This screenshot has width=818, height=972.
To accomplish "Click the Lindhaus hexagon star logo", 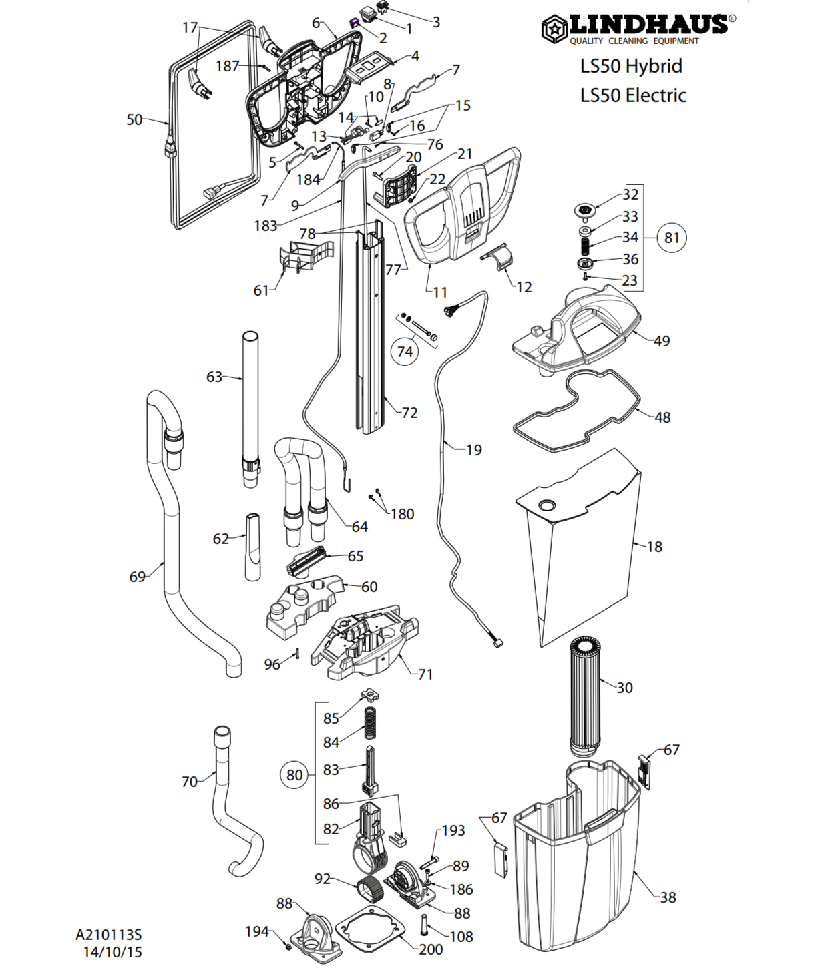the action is (x=554, y=29).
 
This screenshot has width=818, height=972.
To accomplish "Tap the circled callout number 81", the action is (x=672, y=238).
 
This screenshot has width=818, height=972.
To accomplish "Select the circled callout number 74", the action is (x=405, y=351).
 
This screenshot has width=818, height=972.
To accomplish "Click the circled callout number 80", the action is (x=294, y=775).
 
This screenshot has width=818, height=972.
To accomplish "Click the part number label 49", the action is (x=662, y=341).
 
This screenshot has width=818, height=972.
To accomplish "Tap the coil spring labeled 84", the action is (x=370, y=722).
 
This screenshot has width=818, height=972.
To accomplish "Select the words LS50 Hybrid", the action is (x=631, y=66).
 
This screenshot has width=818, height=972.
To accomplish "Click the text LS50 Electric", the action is (x=633, y=95).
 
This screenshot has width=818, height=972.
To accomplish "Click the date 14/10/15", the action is (x=112, y=952).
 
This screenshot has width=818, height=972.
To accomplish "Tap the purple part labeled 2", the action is (x=355, y=22).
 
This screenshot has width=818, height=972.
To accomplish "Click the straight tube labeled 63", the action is (x=251, y=409).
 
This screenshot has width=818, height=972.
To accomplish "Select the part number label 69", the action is (x=138, y=577).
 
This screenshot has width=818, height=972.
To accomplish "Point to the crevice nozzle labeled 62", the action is (x=252, y=547).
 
